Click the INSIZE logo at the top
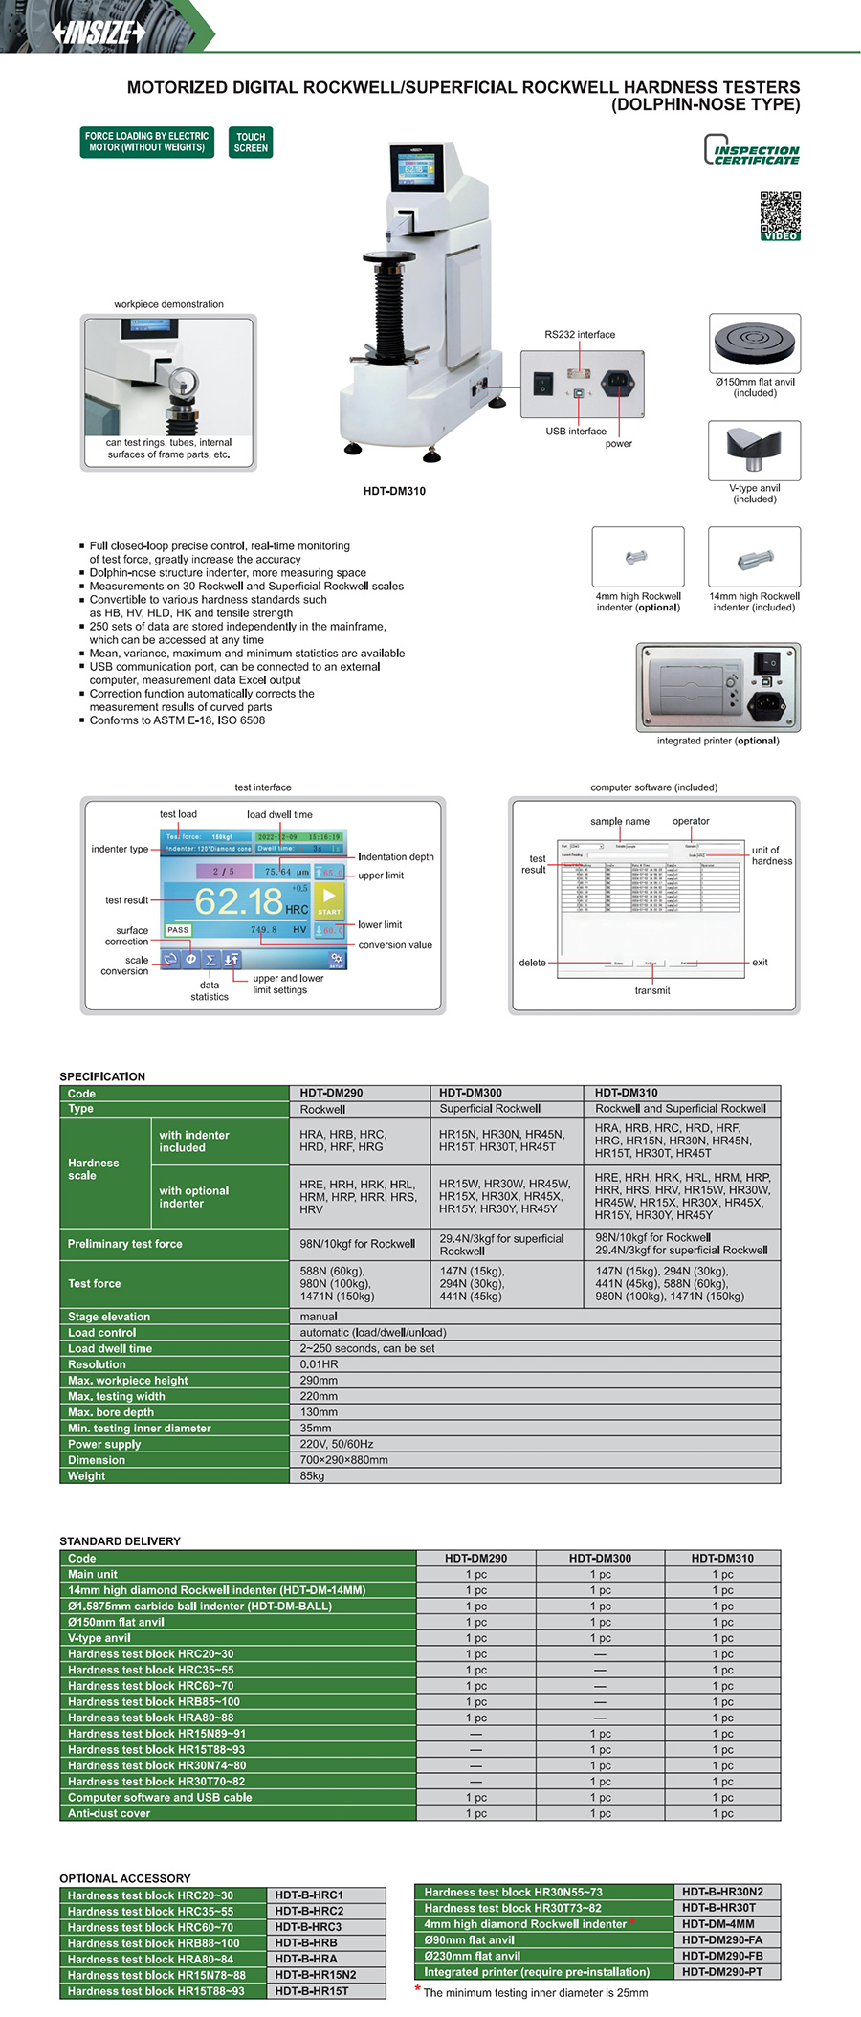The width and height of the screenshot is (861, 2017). coord(99,33)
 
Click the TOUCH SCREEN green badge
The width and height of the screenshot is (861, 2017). coord(251,143)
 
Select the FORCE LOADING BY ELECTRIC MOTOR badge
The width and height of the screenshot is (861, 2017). coord(146,143)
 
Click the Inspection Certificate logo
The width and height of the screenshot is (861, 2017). coord(752,151)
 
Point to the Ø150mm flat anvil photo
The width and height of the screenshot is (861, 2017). coord(755,344)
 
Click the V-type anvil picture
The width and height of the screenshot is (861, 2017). coord(754,450)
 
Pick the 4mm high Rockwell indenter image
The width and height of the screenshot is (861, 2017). coord(638,557)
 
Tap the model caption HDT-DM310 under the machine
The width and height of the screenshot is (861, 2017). coord(394,491)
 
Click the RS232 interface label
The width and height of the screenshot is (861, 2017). coord(580,335)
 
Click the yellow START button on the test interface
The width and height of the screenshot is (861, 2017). coord(329,900)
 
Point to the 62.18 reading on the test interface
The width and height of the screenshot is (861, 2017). coord(238,900)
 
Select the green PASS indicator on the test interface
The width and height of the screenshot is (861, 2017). coord(178,930)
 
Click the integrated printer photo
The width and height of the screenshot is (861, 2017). coord(717,687)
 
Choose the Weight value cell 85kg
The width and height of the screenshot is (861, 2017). coord(313,1476)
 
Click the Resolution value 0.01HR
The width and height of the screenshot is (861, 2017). coord(319,1364)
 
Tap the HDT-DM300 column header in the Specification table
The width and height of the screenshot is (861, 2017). coord(470,1093)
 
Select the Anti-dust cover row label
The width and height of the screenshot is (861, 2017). coord(109,1813)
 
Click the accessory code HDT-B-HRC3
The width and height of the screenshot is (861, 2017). coord(308,1927)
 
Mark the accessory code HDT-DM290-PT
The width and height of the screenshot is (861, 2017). coord(722,1972)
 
